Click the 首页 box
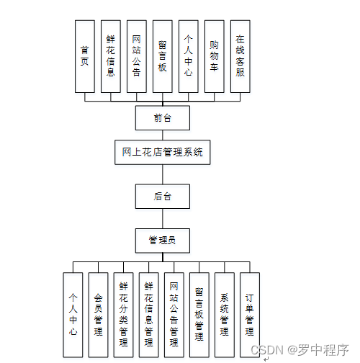click(85, 56)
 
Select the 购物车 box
click(214, 56)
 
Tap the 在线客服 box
click(240, 56)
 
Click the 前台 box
click(162, 117)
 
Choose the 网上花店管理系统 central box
click(162, 152)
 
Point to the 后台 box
click(162, 196)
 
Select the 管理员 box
click(162, 240)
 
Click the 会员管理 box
click(98, 315)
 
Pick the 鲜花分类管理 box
click(123, 315)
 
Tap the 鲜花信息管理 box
click(148, 315)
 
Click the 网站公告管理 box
click(174, 315)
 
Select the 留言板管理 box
click(199, 315)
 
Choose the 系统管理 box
click(225, 315)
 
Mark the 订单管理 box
click(249, 315)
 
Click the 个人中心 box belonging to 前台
click(189, 56)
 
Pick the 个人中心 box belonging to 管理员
click(73, 315)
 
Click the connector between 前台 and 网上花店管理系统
click(162, 135)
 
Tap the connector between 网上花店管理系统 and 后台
click(162, 174)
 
